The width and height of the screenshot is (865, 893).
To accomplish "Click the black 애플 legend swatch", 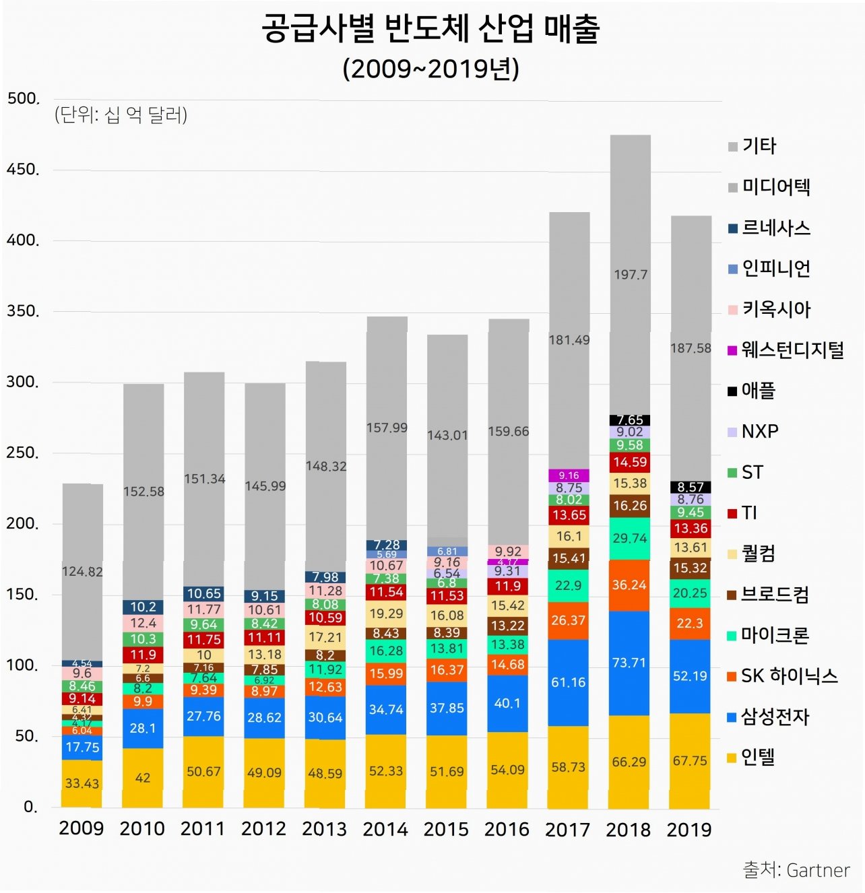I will click(732, 391).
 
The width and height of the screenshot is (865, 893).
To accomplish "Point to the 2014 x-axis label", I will click(385, 829).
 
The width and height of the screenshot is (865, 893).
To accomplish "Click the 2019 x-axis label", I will click(689, 829).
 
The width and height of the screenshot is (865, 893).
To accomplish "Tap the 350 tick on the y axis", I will click(23, 311).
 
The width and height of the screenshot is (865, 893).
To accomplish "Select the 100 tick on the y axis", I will click(23, 665).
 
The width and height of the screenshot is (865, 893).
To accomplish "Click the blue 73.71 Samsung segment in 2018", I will click(629, 663).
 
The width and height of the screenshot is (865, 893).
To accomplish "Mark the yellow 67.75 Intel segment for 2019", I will click(690, 761).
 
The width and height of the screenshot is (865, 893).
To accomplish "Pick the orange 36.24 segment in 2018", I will click(629, 585).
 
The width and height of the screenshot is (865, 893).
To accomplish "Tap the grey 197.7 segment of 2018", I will click(630, 274).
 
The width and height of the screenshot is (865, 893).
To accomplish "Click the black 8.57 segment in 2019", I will click(691, 487).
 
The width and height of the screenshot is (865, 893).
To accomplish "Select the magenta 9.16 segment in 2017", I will click(569, 475).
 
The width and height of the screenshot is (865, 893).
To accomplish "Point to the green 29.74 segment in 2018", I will click(629, 538).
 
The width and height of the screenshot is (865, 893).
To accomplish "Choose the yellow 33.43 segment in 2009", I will click(82, 783).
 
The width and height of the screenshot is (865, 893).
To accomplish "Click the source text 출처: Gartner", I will click(796, 870).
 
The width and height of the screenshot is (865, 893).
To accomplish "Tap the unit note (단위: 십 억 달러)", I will click(121, 115).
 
